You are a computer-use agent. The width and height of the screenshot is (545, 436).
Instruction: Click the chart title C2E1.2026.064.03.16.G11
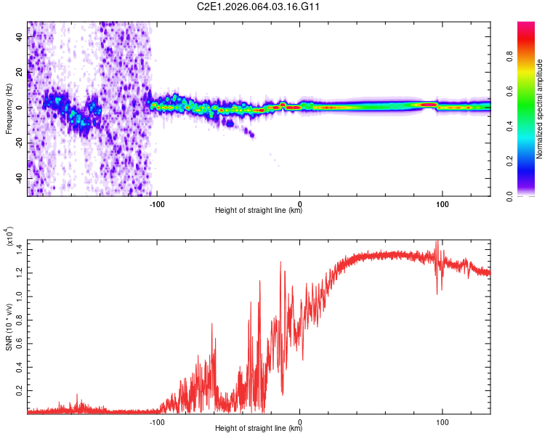pos(258,7)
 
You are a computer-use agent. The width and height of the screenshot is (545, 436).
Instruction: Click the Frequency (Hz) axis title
pos(9,109)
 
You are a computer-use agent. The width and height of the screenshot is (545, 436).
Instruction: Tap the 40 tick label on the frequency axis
pos(20,36)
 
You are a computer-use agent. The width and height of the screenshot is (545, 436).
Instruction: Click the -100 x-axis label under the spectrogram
pos(157,204)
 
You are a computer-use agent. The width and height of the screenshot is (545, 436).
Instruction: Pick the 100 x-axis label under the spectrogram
pos(442,204)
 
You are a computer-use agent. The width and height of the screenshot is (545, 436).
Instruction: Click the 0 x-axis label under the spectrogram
pos(299,204)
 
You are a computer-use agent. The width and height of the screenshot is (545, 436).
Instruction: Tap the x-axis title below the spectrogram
pos(259,211)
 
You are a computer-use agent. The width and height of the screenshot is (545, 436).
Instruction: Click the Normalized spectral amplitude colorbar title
pos(539,109)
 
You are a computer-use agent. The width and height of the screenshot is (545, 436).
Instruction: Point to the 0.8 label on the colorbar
pos(509,56)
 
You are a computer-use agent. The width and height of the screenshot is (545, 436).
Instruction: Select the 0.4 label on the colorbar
pos(509,126)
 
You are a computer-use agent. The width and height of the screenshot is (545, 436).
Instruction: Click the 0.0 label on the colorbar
pos(509,196)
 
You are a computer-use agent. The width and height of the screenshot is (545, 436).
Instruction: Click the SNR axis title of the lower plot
pos(9,327)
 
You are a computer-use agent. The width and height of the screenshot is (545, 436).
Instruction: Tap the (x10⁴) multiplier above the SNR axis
pos(9,236)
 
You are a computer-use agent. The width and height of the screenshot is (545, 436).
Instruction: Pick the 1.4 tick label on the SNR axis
pos(20,250)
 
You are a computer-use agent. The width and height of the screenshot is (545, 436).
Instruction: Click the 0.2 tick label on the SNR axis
pos(20,390)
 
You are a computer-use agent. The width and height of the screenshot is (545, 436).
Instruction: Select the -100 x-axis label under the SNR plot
pos(157,422)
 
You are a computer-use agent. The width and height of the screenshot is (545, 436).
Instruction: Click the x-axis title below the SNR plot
pos(259,428)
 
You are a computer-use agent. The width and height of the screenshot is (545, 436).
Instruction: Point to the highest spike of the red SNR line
pos(437,241)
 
